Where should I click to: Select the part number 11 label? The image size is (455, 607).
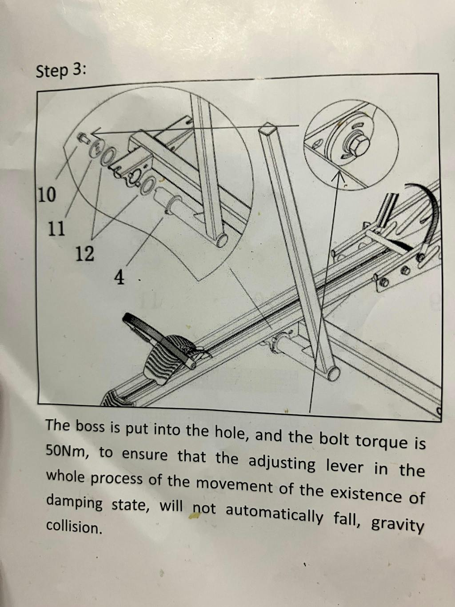[x=56, y=229]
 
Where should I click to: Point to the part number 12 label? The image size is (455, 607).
[x=85, y=253]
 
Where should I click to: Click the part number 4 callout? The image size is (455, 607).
[x=120, y=277]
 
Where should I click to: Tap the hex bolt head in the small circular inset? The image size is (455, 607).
[x=359, y=144]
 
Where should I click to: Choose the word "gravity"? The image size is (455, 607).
[x=396, y=523]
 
